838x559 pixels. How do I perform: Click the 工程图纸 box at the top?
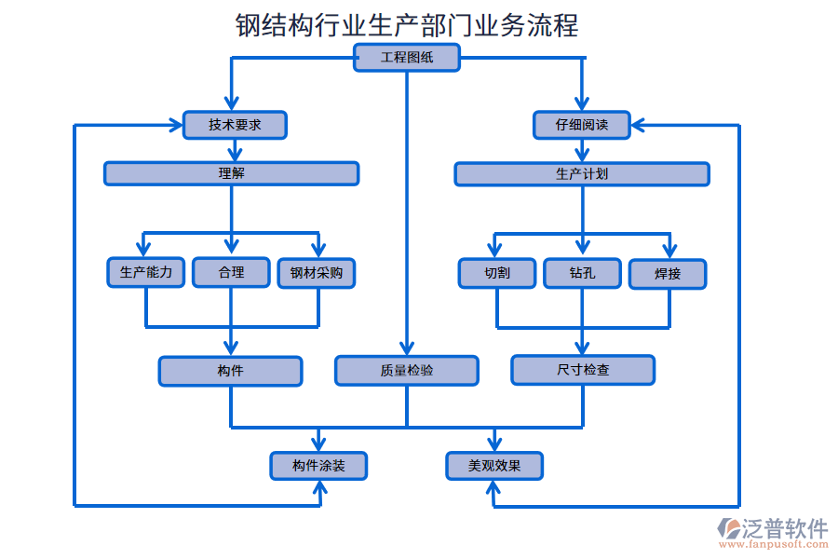(407, 58)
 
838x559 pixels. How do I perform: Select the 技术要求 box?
(235, 125)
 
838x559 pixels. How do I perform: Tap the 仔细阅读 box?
(582, 125)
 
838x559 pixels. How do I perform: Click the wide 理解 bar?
(231, 173)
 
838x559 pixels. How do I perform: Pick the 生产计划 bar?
(582, 174)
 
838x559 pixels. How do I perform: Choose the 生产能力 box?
(146, 272)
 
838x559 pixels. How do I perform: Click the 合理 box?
(231, 272)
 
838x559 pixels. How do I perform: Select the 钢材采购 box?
(317, 273)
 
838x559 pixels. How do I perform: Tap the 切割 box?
(497, 273)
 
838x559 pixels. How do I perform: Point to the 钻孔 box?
(582, 273)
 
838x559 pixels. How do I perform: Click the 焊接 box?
(668, 274)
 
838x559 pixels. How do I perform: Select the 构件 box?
(230, 371)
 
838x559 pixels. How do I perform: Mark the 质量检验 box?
(407, 371)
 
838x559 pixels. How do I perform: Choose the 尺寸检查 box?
(583, 370)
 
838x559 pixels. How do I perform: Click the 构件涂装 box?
(318, 466)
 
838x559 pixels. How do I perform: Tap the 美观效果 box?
(494, 466)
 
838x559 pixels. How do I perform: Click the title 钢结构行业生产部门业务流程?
(407, 24)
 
